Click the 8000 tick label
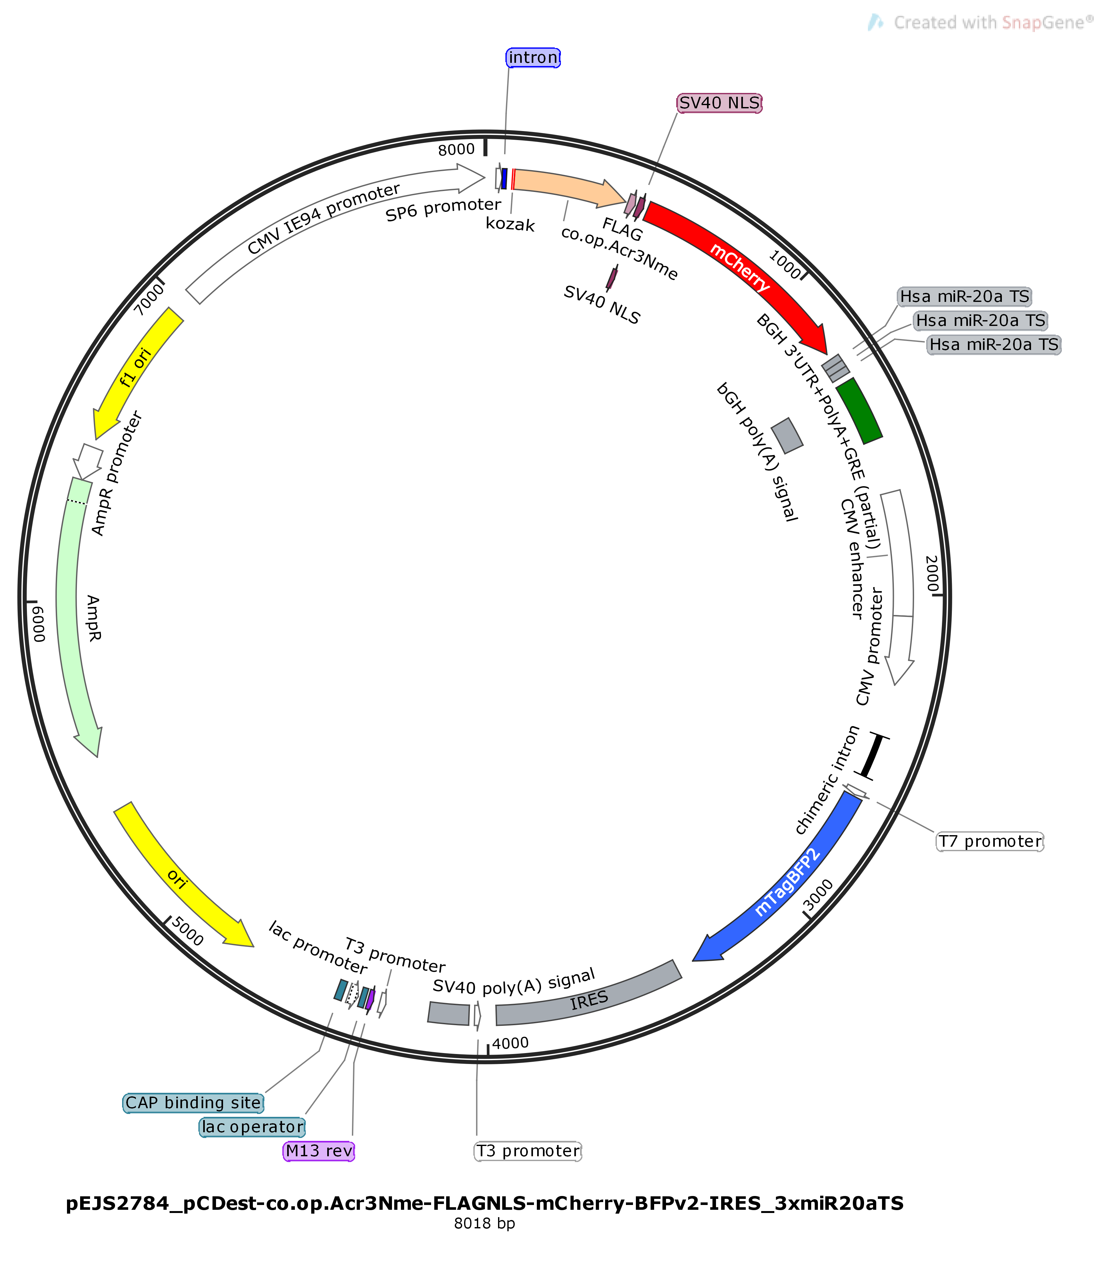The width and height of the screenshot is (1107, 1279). (x=456, y=149)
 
